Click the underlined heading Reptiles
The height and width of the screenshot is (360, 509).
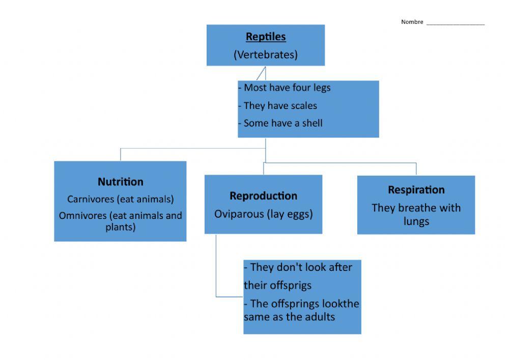266,37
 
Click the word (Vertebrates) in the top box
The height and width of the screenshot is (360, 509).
266,54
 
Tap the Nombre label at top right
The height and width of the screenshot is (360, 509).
412,22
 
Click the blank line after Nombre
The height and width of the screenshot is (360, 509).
455,23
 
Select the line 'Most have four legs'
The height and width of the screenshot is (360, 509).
287,88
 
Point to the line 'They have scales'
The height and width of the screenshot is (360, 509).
280,106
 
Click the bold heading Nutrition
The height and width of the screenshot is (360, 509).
121,182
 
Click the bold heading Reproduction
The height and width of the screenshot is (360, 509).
263,196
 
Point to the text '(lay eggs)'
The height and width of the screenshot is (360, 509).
290,214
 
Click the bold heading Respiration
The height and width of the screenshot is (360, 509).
416,190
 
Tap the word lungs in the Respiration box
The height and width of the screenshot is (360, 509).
416,221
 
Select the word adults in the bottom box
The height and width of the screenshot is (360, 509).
320,317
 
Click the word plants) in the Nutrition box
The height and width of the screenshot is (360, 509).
121,227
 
